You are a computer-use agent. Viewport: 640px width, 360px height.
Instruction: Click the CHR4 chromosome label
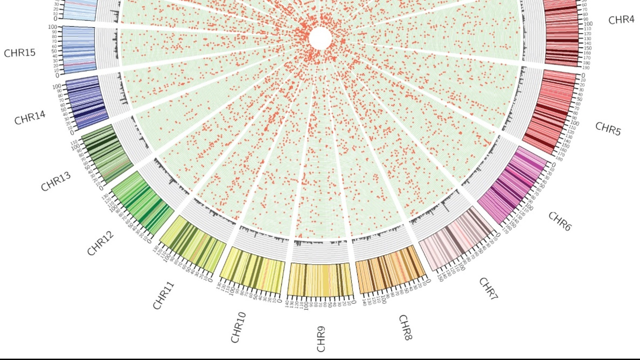pos(621,20)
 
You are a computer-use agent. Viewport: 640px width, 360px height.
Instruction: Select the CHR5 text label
pos(608,129)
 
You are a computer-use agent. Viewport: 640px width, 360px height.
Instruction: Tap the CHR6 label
pos(560,221)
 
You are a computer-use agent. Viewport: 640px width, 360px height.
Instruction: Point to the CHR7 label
pos(489,289)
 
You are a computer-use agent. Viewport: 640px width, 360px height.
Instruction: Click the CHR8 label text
pos(406,327)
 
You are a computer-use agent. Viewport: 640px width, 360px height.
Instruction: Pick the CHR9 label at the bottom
pos(321,339)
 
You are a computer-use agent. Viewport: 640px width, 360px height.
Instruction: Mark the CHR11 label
pos(163,296)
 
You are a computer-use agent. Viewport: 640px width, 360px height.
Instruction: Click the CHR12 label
pos(100,243)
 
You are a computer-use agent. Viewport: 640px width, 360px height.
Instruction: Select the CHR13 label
pos(56,182)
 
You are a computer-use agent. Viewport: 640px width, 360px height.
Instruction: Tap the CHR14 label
pos(30,118)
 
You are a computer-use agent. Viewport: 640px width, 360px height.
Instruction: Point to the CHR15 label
pos(20,53)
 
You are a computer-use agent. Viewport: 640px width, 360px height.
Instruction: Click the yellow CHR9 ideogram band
pos(320,280)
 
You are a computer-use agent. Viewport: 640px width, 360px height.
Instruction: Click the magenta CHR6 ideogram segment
pos(512,185)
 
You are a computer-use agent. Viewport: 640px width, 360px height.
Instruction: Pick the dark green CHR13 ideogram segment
pos(107,154)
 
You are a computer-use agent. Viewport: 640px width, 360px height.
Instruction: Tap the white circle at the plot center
pos(320,38)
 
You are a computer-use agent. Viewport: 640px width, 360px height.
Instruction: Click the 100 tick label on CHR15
pos(53,27)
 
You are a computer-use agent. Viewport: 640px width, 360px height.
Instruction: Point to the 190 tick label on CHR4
pos(586,68)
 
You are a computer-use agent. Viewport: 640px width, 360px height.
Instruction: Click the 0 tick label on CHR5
pos(583,75)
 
